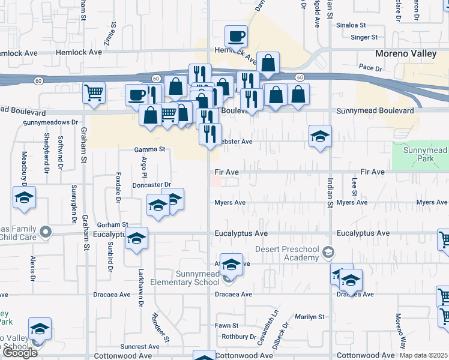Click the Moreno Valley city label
406,53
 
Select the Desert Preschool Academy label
286,253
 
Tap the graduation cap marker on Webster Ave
321,136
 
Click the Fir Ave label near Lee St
372,172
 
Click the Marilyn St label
309,316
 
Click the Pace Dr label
370,68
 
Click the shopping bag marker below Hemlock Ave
270,62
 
